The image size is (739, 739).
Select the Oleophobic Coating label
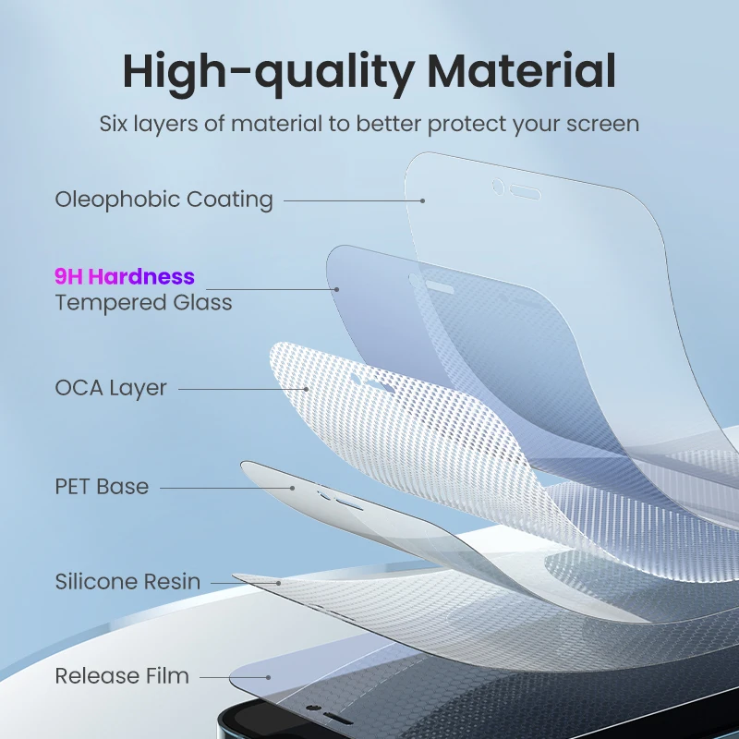coord(164,200)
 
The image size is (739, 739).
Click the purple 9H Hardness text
coord(125,276)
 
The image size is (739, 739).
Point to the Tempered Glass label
coord(143,302)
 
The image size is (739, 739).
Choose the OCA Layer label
coord(111,388)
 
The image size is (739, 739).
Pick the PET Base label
coord(102,487)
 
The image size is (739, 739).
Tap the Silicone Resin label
coord(127,582)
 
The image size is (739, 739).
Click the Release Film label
coord(122,676)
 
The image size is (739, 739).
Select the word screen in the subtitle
coord(607,124)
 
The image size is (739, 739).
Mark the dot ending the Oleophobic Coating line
coord(423,200)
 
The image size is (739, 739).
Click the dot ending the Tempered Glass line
coord(337,289)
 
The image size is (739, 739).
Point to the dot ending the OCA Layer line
coord(306,389)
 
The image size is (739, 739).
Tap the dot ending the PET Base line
coord(293,487)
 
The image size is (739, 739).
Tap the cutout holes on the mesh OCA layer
coord(368,381)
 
